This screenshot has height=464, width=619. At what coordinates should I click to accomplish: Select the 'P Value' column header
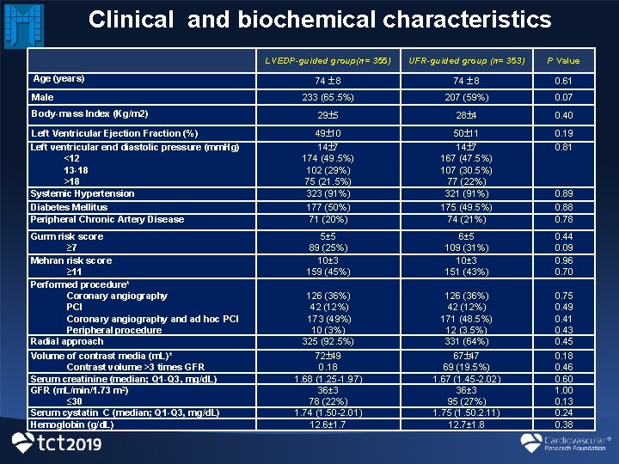564,60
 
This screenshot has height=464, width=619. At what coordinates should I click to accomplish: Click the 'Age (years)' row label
58,78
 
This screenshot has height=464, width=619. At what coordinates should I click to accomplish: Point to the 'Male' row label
42,97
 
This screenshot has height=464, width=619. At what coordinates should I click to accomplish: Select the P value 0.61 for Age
564,80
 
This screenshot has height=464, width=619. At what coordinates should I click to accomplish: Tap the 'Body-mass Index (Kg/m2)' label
89,113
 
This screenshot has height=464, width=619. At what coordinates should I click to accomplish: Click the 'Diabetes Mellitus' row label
69,207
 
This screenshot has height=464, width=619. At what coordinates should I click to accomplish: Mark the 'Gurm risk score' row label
67,236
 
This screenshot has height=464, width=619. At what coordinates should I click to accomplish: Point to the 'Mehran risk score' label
71,260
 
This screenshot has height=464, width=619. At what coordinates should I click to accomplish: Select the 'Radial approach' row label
66,342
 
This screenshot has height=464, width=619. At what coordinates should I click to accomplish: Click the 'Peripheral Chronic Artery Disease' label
107,219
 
